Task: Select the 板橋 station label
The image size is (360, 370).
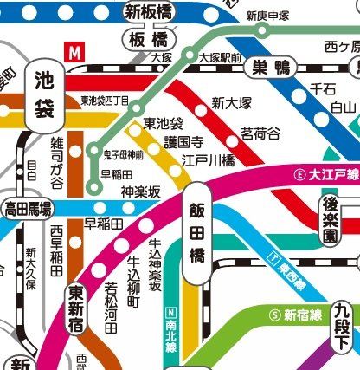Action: click(148, 41)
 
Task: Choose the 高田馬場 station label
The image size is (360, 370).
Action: click(27, 208)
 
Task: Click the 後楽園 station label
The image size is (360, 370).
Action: click(330, 217)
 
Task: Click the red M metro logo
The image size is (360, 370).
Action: click(77, 51)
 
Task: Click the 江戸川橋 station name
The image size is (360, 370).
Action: click(209, 160)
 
